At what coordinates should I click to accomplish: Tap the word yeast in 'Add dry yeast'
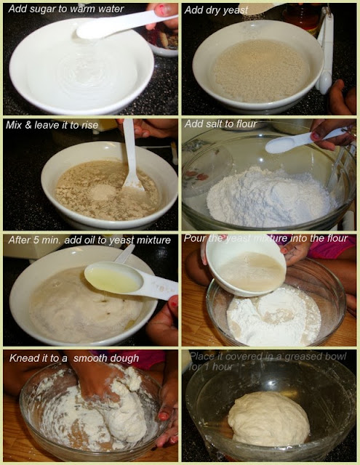pos(237,11)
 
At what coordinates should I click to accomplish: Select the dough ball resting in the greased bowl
pos(269,418)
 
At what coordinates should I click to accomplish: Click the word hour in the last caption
pos(223,367)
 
